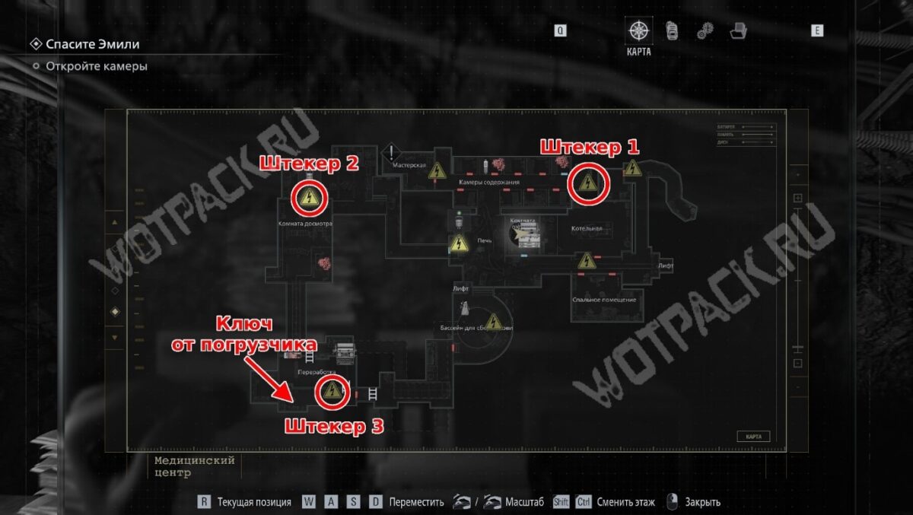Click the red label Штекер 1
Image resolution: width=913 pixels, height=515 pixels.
coord(589,148)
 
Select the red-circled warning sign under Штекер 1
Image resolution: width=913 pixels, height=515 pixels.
coord(587,183)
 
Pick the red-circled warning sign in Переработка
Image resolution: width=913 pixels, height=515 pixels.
coord(332,392)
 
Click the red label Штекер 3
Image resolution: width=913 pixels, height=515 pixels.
coord(334,426)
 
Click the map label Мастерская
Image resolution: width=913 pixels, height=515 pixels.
coord(407,164)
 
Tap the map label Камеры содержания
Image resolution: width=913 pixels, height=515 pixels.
coord(489,183)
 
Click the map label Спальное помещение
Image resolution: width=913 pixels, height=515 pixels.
coord(604,300)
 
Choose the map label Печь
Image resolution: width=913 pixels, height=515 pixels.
coord(485,240)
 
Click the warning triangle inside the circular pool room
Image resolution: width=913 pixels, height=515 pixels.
coord(494,323)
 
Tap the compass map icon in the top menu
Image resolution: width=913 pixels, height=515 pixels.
coord(638,30)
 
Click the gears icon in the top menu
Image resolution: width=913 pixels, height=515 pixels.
coord(705,30)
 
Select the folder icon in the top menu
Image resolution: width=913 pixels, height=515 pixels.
coord(737,30)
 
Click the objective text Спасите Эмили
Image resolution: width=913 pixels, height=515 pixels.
coord(92,44)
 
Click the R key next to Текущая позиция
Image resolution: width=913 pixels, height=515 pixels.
coord(204,502)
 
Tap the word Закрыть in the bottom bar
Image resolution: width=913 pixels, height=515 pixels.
coord(702,502)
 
